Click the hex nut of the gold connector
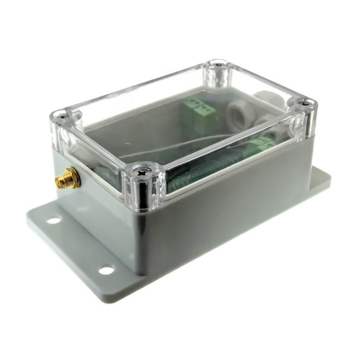click(68, 181)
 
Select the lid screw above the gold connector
click(62, 115)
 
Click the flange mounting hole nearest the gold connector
click(54, 220)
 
